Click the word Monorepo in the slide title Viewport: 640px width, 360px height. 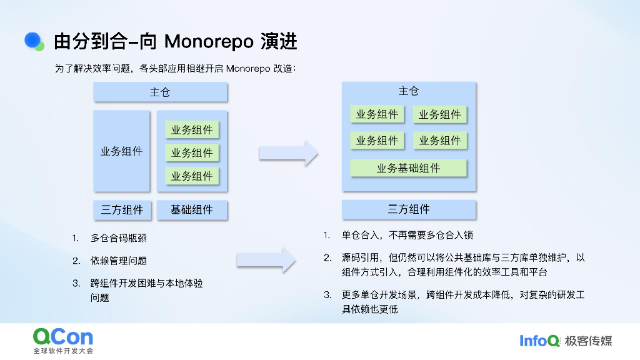coord(209,42)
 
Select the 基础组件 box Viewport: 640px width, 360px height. coord(192,210)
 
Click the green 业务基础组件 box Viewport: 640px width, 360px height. coord(408,168)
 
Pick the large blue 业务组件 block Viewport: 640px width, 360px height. coord(121,151)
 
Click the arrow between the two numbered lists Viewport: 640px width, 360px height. coord(266,260)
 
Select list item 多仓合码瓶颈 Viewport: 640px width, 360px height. coord(119,238)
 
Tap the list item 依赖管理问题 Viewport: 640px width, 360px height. coord(119,261)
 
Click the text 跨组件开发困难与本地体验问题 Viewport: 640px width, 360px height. coord(147,290)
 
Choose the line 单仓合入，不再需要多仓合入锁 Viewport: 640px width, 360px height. coord(407,236)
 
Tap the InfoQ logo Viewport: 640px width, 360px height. coord(539,341)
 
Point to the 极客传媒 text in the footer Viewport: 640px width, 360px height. coord(588,341)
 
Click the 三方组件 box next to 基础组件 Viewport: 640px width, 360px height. coord(122,210)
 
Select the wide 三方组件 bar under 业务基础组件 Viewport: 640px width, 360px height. coord(409,209)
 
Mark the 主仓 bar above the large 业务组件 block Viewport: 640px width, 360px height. coord(160,92)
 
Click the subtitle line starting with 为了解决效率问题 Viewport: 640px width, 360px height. coord(176,69)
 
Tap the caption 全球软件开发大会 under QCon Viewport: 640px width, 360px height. coord(63,351)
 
